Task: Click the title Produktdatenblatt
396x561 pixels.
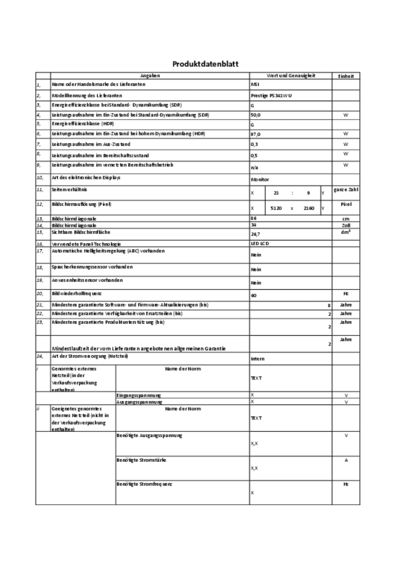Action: (205, 64)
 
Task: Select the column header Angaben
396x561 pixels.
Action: (150, 76)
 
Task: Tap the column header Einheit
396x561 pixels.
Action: (345, 76)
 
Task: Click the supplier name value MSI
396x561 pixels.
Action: (255, 84)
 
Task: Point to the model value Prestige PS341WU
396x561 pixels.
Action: (271, 96)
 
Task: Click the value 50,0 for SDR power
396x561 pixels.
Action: (256, 115)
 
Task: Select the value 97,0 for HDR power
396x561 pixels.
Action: (256, 134)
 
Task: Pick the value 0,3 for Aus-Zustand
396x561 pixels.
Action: (254, 145)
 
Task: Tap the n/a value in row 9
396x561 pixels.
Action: (254, 168)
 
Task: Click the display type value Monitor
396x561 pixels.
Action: (260, 179)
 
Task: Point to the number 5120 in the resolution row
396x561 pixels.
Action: (276, 208)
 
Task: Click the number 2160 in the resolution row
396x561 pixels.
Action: (309, 208)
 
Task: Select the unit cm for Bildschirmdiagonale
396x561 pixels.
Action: (345, 219)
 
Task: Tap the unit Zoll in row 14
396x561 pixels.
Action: (345, 225)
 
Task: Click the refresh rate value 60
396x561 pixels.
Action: (254, 296)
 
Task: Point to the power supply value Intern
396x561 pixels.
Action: (257, 359)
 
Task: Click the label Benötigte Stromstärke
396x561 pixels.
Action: (141, 460)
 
